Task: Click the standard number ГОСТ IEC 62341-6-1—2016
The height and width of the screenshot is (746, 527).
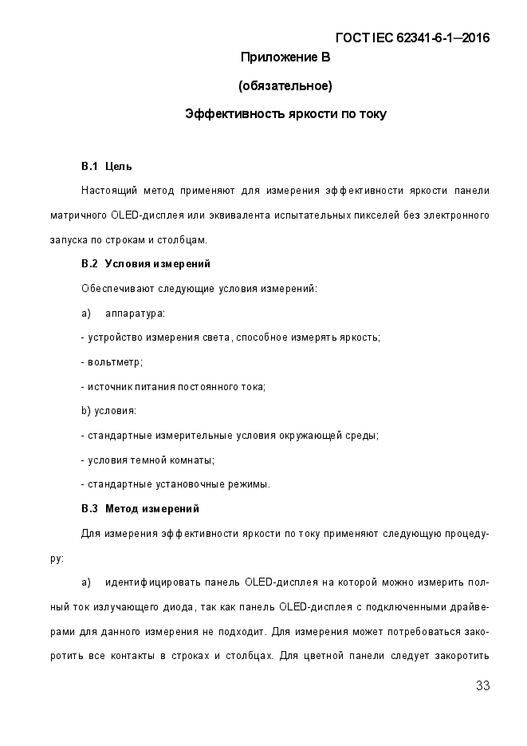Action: [x=413, y=37]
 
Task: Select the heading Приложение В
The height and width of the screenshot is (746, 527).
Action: [x=285, y=57]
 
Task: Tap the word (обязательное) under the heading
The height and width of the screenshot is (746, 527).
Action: [x=285, y=85]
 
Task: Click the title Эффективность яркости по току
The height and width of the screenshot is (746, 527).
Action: [x=285, y=114]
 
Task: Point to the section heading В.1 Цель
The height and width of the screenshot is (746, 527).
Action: [x=107, y=166]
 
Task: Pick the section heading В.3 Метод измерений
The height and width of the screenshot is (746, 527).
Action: [x=140, y=508]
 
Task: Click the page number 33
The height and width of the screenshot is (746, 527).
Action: [x=482, y=686]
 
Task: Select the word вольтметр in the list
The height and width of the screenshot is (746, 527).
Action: [x=114, y=361]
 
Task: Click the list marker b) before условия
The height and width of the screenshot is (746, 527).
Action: [x=86, y=410]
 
